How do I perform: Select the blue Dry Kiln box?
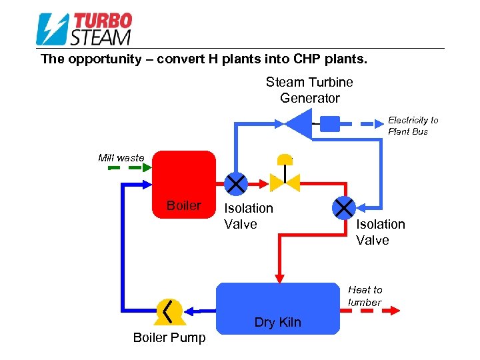click(278, 307)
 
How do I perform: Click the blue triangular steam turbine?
click(299, 122)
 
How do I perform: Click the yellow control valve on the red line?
click(285, 179)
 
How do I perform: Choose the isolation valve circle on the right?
click(344, 207)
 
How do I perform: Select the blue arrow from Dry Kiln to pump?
click(199, 310)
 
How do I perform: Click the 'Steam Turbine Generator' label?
click(309, 90)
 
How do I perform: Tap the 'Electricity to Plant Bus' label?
click(413, 125)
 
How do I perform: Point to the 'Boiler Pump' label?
click(169, 337)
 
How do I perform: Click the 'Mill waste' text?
click(121, 157)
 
